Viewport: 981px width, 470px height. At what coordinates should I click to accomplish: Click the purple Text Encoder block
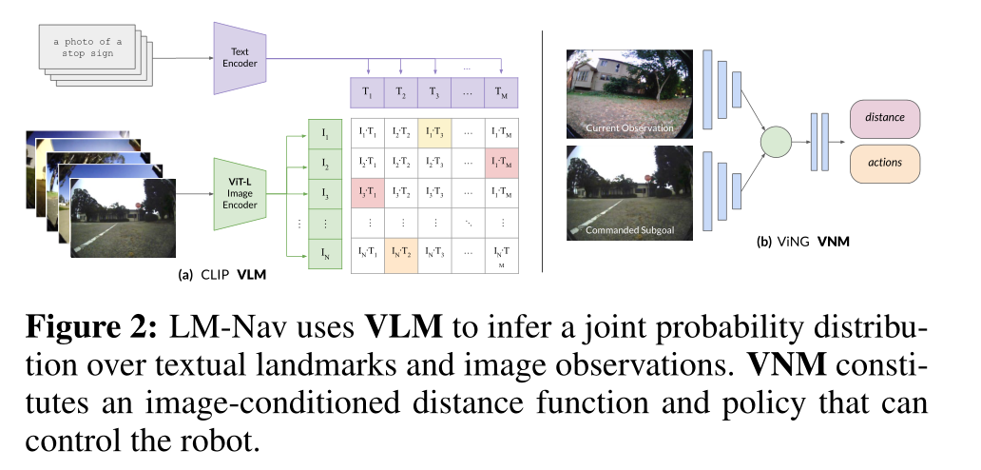[240, 58]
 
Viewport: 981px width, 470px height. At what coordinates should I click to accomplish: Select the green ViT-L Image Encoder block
[240, 194]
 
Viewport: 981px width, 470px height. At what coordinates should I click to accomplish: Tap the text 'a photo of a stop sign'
[87, 48]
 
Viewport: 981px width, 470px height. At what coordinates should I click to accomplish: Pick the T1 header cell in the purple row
[367, 92]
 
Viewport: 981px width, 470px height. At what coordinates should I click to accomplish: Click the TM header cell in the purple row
[501, 92]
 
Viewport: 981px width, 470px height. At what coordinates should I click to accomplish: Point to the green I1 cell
[325, 133]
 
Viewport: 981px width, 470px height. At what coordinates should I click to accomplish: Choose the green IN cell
[325, 254]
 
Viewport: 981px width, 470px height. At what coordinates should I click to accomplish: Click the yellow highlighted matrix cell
[434, 132]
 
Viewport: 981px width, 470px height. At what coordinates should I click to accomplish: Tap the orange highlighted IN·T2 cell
[401, 255]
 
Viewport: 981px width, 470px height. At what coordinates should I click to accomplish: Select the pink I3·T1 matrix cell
[367, 193]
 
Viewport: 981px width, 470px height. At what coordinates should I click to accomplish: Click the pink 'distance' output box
[885, 118]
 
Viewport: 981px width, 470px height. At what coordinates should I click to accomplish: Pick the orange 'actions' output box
[885, 164]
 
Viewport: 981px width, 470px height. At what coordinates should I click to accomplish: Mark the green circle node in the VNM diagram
[776, 142]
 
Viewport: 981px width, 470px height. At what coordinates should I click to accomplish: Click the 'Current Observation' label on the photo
[629, 128]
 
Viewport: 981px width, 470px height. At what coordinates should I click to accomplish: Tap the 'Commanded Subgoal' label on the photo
[629, 230]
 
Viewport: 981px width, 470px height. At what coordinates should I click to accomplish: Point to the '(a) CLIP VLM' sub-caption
[222, 275]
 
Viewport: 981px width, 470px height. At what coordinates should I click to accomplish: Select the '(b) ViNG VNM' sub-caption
[802, 242]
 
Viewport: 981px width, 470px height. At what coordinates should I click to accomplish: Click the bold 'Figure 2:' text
[91, 328]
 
